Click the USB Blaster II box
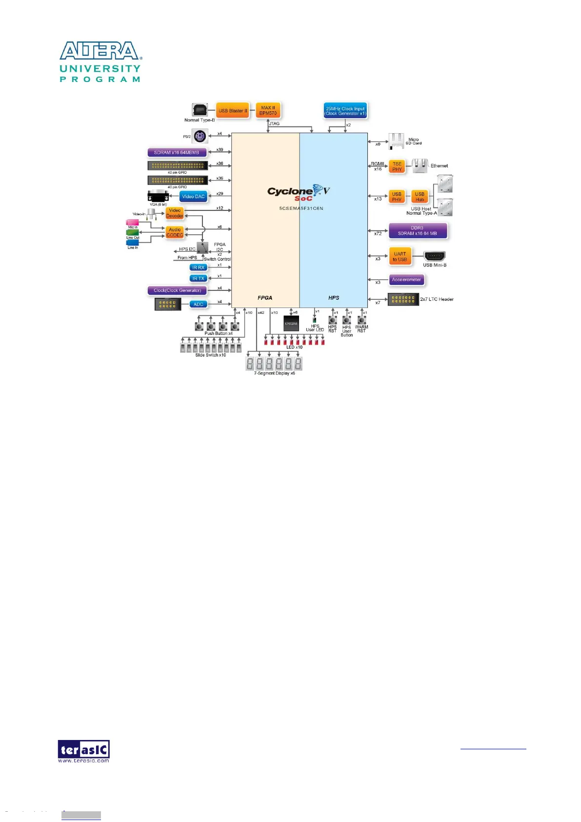(x=233, y=111)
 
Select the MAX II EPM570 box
(x=268, y=110)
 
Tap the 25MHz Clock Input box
(x=345, y=111)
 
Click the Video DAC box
(x=193, y=196)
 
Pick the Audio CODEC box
(x=175, y=232)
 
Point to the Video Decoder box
(x=175, y=213)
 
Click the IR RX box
(x=198, y=267)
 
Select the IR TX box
(x=198, y=278)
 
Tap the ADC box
(x=198, y=304)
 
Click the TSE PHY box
(x=397, y=167)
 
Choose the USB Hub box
(x=420, y=197)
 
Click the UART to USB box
(x=400, y=257)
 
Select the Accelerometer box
(x=406, y=280)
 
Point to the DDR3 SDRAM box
(x=418, y=230)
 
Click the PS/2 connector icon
(x=200, y=136)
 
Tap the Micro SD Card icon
(x=396, y=141)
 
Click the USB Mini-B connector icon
(x=434, y=256)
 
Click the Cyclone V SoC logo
(x=299, y=193)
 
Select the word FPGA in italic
(x=265, y=298)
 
